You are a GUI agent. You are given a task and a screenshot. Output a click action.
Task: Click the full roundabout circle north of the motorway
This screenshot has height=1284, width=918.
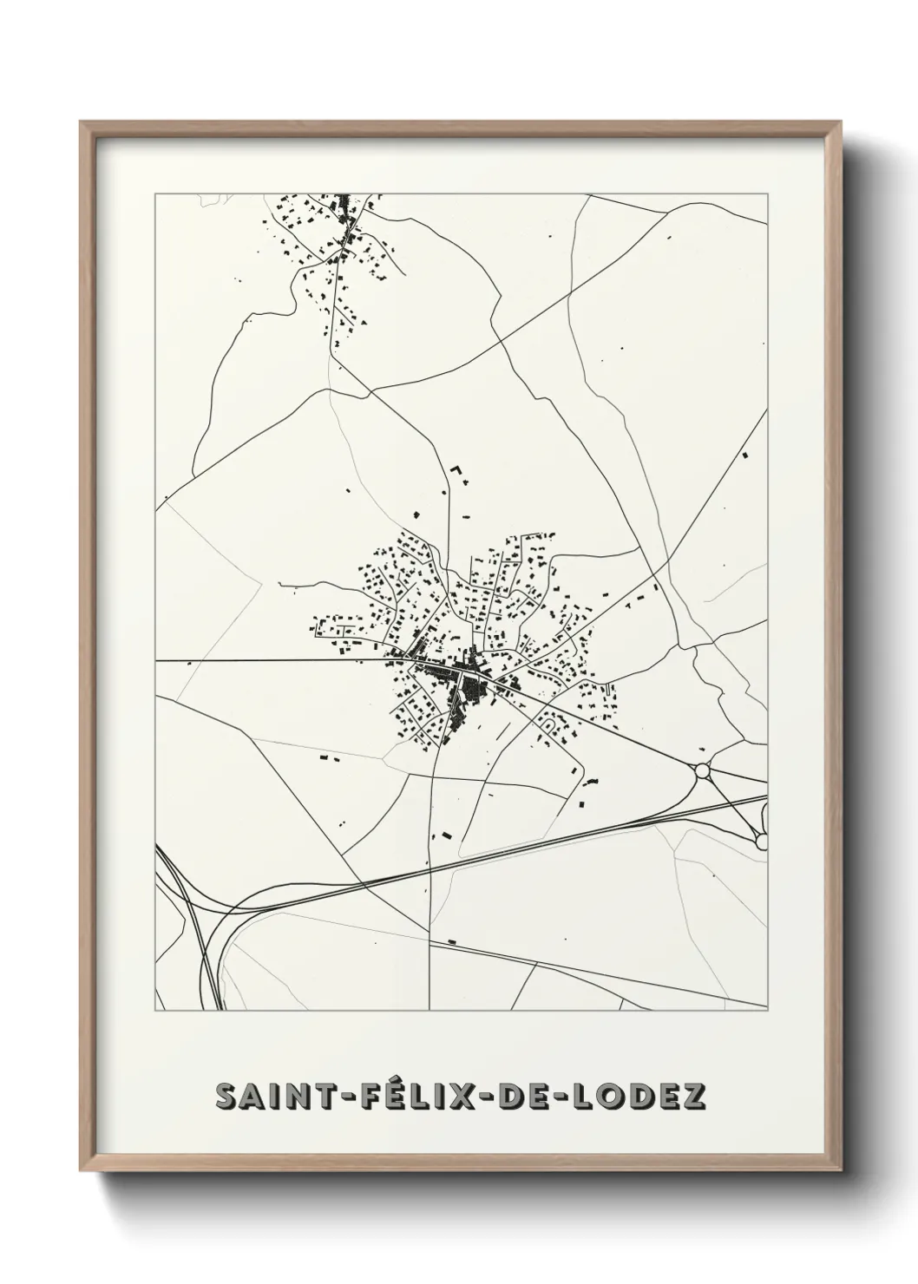(x=702, y=770)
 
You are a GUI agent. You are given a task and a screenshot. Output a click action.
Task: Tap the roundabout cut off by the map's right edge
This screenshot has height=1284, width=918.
(x=762, y=840)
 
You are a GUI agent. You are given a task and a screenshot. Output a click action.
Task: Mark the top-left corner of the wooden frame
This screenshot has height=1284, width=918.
(x=81, y=122)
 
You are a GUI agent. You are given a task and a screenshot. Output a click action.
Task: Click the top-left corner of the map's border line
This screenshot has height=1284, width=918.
(x=155, y=194)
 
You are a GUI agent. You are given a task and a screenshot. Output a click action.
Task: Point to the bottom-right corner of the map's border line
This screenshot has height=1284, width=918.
(x=768, y=1011)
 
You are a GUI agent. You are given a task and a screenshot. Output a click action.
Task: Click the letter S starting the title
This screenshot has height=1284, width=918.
(x=227, y=1097)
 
